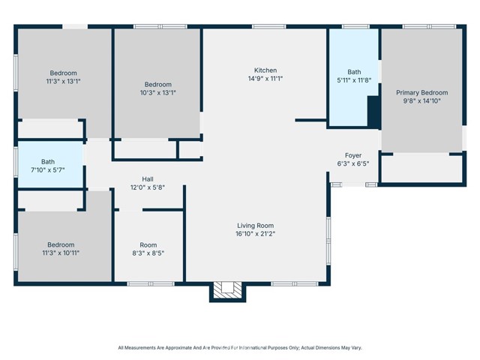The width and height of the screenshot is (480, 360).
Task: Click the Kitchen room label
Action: click(x=265, y=70)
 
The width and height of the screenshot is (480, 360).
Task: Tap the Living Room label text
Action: click(x=255, y=225)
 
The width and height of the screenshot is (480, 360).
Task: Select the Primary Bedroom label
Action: click(x=420, y=92)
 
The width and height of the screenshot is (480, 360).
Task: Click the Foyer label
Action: click(x=353, y=155)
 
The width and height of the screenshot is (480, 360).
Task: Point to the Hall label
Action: click(x=148, y=179)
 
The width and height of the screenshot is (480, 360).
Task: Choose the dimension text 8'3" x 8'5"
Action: click(x=148, y=253)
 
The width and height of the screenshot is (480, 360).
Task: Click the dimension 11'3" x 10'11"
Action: click(x=61, y=253)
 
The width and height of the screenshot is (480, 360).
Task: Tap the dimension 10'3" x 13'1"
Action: click(x=158, y=93)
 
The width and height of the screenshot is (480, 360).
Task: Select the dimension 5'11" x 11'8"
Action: click(x=353, y=81)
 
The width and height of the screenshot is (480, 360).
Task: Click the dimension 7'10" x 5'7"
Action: click(x=48, y=170)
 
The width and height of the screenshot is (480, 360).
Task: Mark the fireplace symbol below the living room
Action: click(x=224, y=289)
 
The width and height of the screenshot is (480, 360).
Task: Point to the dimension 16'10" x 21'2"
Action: click(x=255, y=234)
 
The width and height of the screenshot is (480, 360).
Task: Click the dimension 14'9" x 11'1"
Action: click(x=265, y=79)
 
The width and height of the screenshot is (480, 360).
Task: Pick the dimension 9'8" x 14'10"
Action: click(x=420, y=101)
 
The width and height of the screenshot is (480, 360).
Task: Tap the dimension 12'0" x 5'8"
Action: click(x=148, y=188)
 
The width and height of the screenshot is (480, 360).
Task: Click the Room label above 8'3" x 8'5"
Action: click(x=148, y=244)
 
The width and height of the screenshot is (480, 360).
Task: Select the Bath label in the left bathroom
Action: click(x=48, y=161)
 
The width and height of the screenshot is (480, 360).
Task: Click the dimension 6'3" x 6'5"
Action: click(x=353, y=164)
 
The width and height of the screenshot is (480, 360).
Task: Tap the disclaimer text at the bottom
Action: click(x=240, y=347)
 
